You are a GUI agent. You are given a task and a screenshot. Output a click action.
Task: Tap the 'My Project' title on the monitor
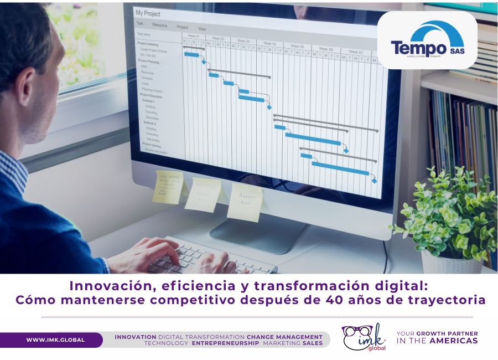click(x=148, y=13)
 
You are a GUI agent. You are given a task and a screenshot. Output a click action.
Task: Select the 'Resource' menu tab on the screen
click(x=159, y=25)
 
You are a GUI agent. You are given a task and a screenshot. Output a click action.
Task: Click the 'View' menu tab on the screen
click(x=202, y=28)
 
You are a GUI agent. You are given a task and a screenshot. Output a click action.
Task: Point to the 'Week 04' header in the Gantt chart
click(x=269, y=43)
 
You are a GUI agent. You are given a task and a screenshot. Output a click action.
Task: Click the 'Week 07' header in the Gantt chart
click(x=356, y=52)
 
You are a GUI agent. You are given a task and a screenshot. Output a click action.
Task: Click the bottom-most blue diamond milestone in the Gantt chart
click(x=374, y=181)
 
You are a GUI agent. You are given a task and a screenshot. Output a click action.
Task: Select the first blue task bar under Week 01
click(x=191, y=54)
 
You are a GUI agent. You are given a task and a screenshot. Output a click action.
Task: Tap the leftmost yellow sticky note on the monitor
click(x=168, y=187)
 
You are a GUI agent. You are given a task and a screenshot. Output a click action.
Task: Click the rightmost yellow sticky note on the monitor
click(x=245, y=202)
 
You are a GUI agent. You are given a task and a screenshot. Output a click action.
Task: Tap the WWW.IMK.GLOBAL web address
click(x=55, y=340)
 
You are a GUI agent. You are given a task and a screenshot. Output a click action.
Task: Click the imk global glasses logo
click(x=364, y=337)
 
